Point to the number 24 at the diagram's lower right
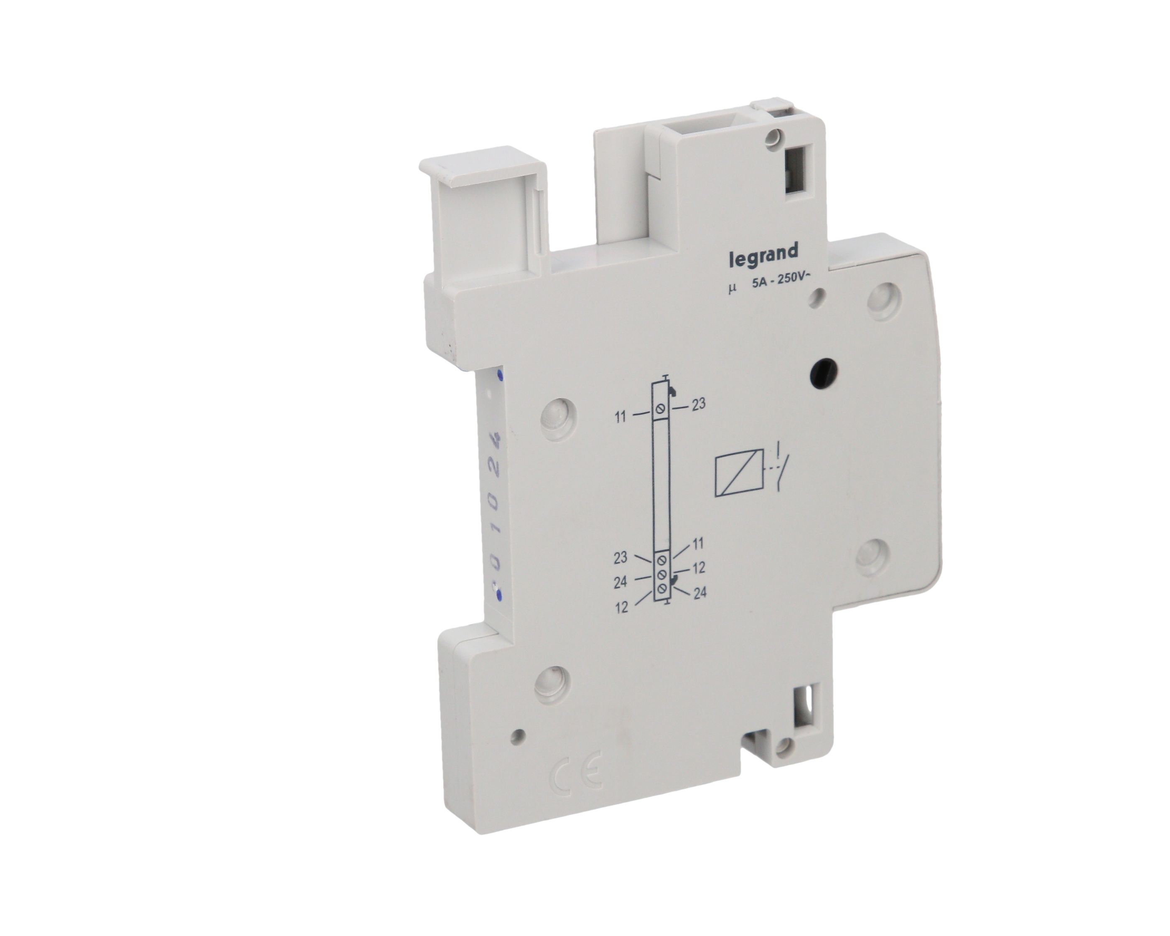click(x=700, y=593)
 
